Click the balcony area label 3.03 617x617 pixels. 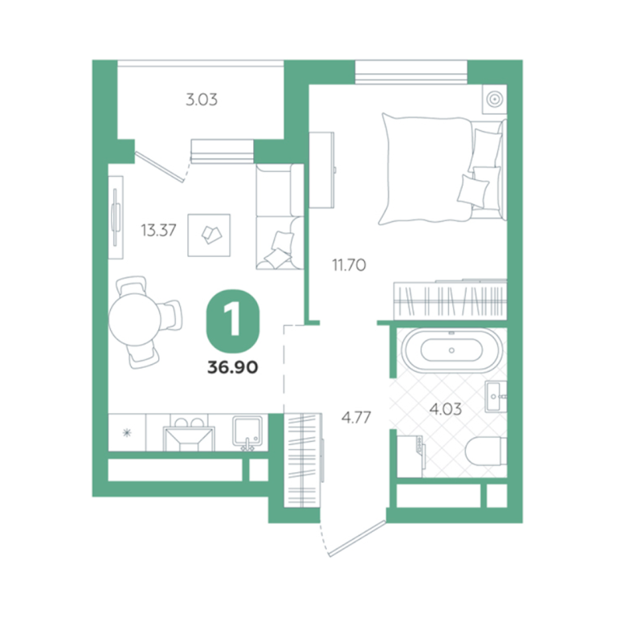pos(202,100)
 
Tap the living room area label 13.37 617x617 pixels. pos(158,230)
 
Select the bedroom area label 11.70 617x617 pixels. pos(349,265)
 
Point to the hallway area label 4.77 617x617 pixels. pos(356,417)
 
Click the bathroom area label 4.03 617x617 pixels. pos(445,409)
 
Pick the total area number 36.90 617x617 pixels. pos(232,367)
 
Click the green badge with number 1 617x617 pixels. pos(233,321)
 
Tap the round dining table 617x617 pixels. pos(135,319)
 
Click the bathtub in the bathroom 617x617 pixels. pos(452,350)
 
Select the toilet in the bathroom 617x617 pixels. pos(486,451)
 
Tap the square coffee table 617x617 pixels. pos(209,235)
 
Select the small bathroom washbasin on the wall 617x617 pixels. pos(496,396)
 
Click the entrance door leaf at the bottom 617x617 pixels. pos(358,538)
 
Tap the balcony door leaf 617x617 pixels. pos(159,167)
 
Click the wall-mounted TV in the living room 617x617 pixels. pos(116,217)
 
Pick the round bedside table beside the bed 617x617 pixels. pos(495,99)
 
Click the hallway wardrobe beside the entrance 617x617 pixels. pos(302,460)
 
